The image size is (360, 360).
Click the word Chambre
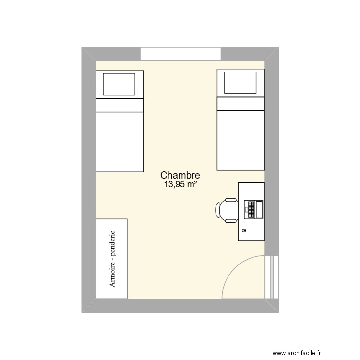[x=180, y=175]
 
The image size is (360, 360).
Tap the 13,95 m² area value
[x=180, y=184]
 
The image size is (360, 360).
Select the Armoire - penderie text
[x=112, y=259]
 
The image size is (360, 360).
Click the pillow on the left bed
[x=119, y=84]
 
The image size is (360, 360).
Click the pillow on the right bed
[x=240, y=83]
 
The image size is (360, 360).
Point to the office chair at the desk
[x=227, y=210]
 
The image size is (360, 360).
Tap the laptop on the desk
[x=253, y=210]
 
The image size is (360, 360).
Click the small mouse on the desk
[x=244, y=230]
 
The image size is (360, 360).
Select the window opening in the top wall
[x=180, y=54]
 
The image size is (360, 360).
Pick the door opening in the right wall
[x=272, y=277]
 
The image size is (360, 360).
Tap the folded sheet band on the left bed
[x=120, y=106]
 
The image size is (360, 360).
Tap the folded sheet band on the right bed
[x=241, y=104]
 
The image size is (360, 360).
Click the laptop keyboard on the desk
[x=252, y=210]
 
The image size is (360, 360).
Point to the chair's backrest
[x=217, y=210]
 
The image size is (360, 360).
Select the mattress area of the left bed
[x=120, y=142]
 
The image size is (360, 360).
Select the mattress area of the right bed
[x=241, y=141]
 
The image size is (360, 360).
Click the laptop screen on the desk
[x=259, y=210]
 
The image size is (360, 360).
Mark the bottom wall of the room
[x=180, y=306]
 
